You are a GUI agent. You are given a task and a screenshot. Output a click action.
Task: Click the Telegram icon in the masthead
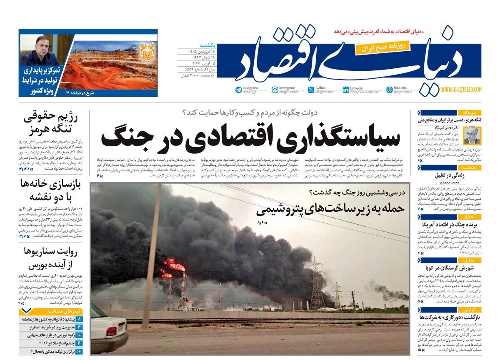(x=238, y=90)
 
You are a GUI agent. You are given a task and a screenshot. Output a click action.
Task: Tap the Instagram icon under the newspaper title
(x=275, y=90)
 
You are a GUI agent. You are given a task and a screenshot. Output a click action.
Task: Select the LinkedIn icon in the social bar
(x=346, y=90)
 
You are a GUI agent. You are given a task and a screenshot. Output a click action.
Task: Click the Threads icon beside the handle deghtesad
(x=390, y=90)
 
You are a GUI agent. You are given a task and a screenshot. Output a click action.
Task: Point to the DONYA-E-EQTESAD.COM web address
(x=461, y=89)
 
